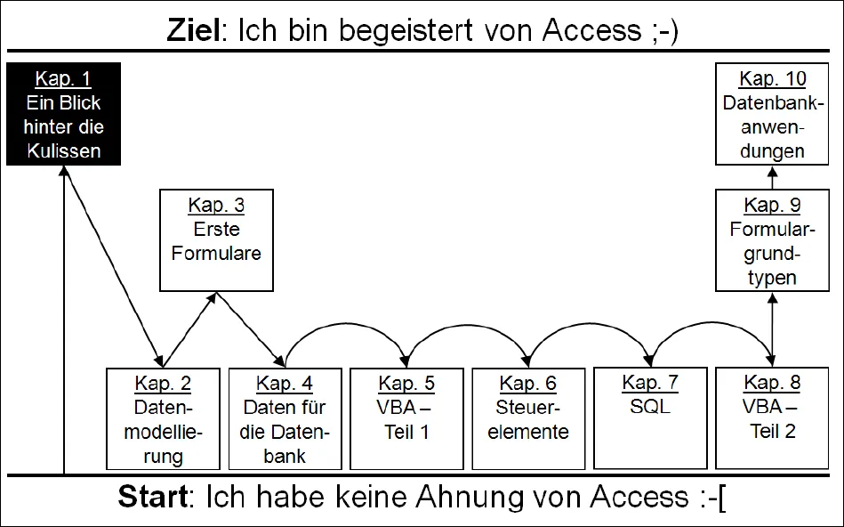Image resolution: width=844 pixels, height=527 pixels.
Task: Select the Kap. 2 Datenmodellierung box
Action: [x=162, y=418]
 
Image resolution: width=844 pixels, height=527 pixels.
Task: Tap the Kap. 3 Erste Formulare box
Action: [x=216, y=239]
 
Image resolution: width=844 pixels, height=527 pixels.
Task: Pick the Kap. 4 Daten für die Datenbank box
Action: [x=285, y=418]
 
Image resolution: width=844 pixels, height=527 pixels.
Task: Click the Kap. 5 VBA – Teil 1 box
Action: [x=406, y=418]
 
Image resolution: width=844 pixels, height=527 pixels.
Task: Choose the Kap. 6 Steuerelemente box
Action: [x=528, y=418]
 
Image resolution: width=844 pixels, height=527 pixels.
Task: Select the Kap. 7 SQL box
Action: [x=650, y=418]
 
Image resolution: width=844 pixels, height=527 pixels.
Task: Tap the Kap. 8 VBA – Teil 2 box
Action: [x=772, y=418]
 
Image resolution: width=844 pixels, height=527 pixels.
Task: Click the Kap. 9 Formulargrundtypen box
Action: [x=772, y=241]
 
